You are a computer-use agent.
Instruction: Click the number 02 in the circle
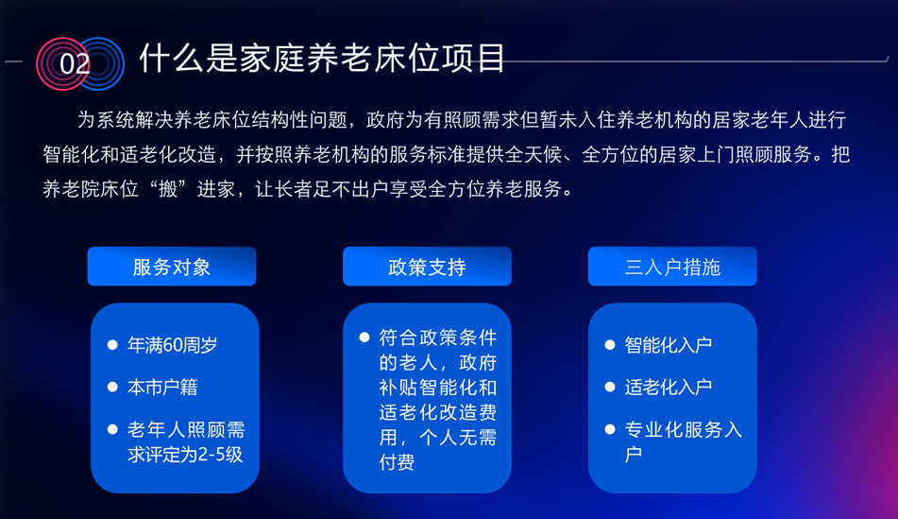(75, 64)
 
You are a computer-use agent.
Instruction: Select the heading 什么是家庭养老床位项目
(322, 58)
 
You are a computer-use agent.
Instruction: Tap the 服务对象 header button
(172, 267)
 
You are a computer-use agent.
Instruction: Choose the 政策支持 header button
(427, 267)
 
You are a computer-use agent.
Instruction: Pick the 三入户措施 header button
(672, 267)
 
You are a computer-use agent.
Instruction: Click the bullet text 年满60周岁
(173, 345)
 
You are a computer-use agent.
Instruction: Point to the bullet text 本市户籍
(162, 388)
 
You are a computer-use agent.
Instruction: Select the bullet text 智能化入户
(669, 345)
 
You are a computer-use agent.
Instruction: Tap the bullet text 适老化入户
(669, 388)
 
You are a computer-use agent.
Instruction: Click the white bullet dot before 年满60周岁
(112, 345)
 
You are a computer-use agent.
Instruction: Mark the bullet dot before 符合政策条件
(364, 337)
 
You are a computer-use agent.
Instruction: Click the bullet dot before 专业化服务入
(610, 429)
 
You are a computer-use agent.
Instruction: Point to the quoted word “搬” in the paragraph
(168, 189)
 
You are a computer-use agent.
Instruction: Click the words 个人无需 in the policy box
(458, 438)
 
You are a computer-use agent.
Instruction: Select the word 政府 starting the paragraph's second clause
(385, 120)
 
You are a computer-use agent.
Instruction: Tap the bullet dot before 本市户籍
(112, 387)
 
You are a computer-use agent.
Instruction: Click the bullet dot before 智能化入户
(610, 345)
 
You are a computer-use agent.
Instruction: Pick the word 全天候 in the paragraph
(534, 155)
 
